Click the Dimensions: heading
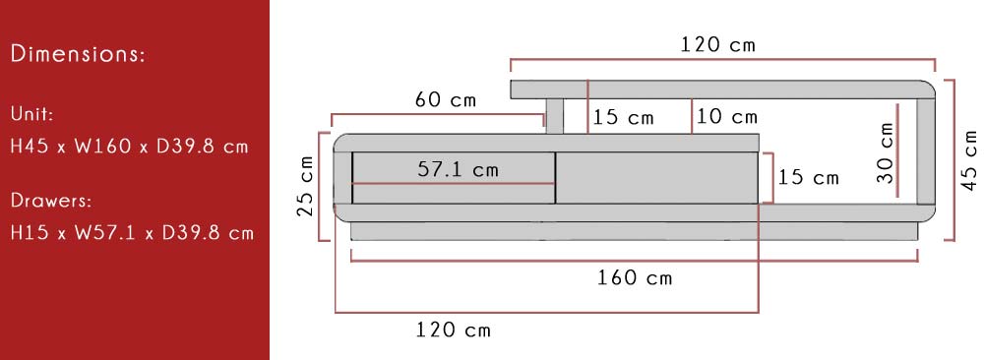78,54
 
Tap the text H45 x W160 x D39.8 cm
129,147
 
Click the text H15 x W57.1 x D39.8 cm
132,233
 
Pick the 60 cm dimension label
445,99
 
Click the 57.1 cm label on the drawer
458,169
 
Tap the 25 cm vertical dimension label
305,186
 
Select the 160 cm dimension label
635,277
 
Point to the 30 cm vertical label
885,152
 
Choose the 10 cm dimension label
727,117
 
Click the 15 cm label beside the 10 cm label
623,118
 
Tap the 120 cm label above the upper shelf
718,44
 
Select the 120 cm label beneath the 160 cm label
453,330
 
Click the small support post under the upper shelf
554,116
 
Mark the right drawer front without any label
657,177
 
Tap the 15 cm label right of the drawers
808,178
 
